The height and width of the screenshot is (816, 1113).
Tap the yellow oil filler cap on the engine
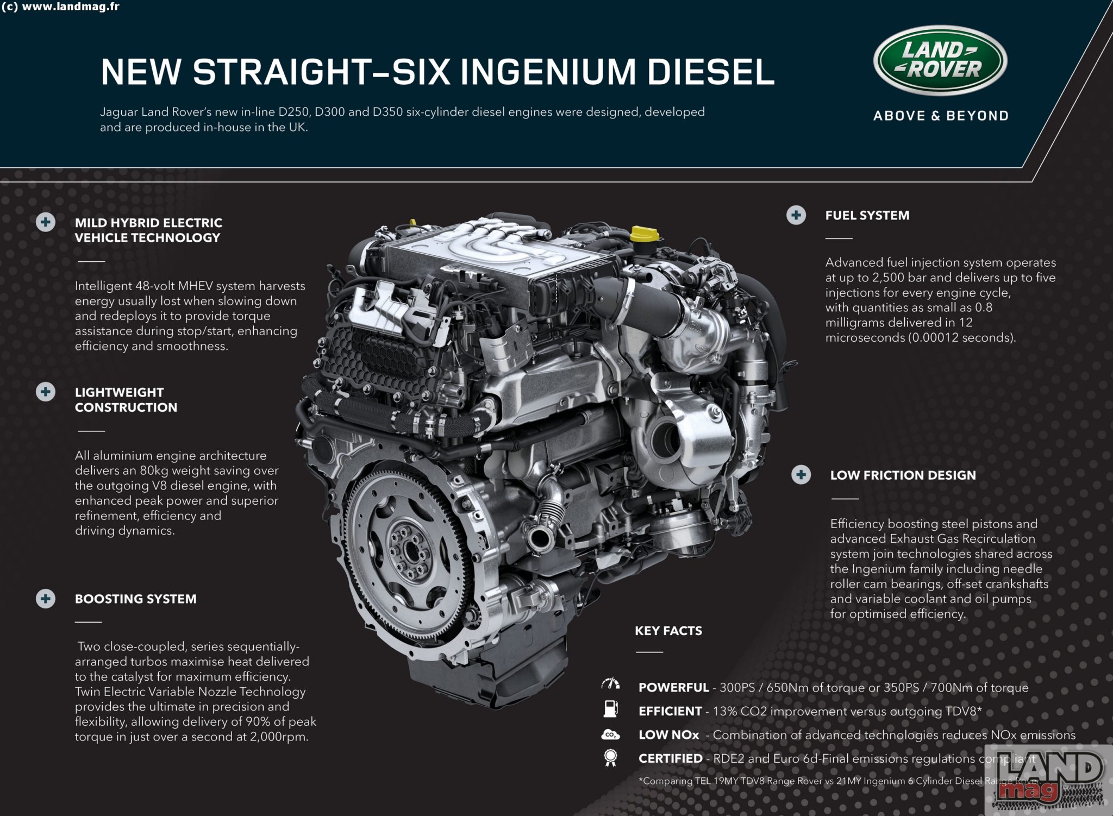pyautogui.click(x=643, y=235)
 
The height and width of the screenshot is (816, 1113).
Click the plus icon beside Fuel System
pyautogui.click(x=796, y=215)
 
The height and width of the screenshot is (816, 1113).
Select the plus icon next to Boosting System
pyautogui.click(x=46, y=598)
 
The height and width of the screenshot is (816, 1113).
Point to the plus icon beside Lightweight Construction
pyautogui.click(x=46, y=392)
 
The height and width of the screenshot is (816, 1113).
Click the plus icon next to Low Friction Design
pyautogui.click(x=801, y=474)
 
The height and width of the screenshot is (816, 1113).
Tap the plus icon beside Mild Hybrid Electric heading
pyautogui.click(x=46, y=222)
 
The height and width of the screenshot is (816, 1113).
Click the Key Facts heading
pyautogui.click(x=668, y=631)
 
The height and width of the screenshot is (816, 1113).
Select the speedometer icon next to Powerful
pyautogui.click(x=610, y=685)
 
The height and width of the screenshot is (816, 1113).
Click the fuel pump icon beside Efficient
pyautogui.click(x=610, y=709)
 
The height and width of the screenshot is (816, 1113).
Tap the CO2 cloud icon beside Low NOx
pyautogui.click(x=610, y=735)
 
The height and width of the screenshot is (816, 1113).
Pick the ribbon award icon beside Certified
pyautogui.click(x=610, y=758)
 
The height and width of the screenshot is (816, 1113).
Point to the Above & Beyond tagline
pyautogui.click(x=941, y=116)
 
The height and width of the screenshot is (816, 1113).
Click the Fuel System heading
pyautogui.click(x=867, y=215)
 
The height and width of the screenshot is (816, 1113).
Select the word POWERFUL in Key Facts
pyautogui.click(x=673, y=687)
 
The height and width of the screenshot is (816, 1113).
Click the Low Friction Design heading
pyautogui.click(x=903, y=475)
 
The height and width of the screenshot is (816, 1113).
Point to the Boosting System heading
pyautogui.click(x=136, y=599)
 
